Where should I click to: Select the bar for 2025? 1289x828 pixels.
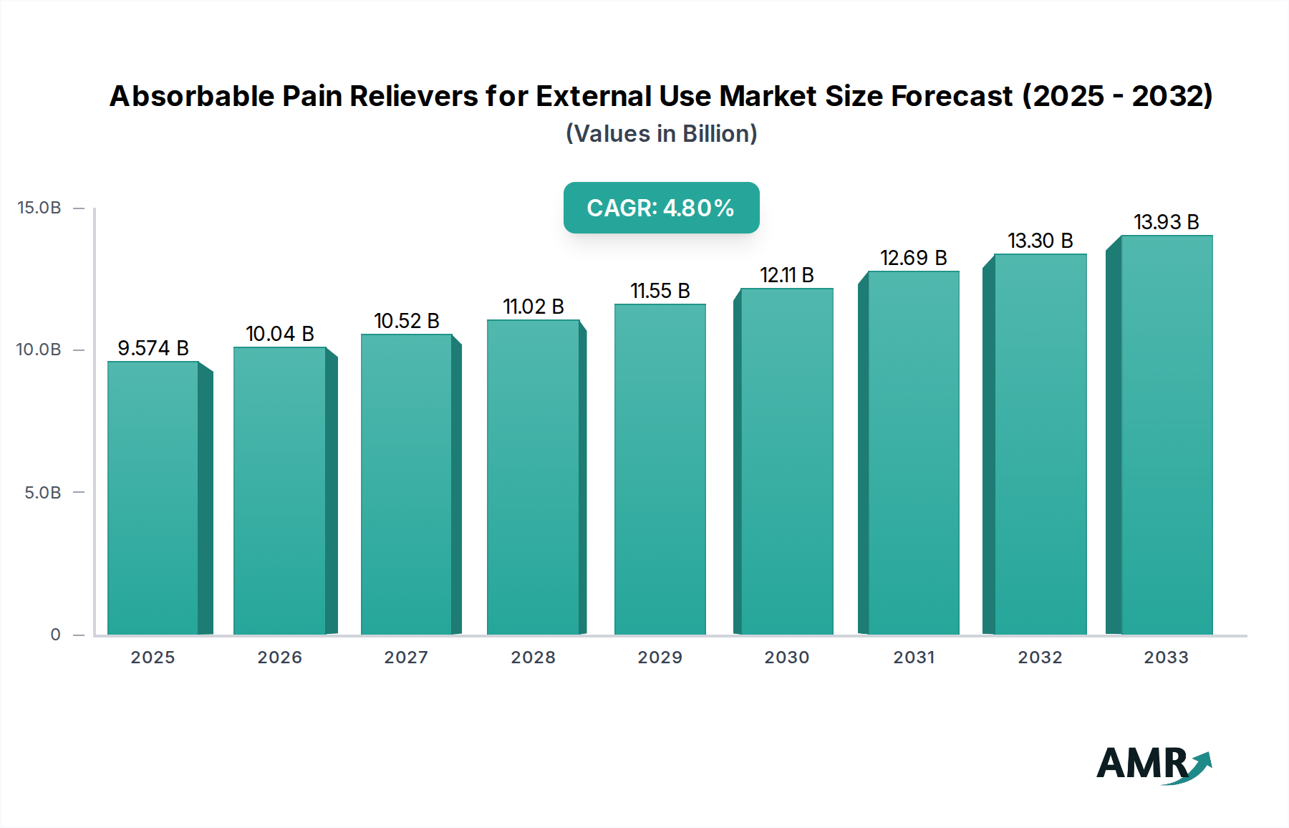point(153,498)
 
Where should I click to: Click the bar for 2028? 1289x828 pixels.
point(533,477)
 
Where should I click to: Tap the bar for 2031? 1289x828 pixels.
point(913,453)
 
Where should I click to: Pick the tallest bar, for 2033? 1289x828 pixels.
point(1167,435)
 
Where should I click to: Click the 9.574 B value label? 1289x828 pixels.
point(153,348)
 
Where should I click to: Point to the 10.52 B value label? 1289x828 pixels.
point(406,321)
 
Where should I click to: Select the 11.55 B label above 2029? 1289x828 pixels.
point(660,291)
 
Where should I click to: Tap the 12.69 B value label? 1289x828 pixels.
point(913,258)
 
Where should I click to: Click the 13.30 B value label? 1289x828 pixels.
point(1040,241)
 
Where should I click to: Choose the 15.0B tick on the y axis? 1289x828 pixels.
point(39,208)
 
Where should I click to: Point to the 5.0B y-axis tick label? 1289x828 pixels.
point(43,493)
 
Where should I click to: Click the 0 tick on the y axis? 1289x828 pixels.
point(56,635)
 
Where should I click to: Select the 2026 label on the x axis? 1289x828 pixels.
point(279,658)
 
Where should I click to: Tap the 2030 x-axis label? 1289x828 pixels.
point(786,658)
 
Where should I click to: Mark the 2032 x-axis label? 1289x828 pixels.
point(1040,658)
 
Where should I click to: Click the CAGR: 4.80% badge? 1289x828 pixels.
point(661,208)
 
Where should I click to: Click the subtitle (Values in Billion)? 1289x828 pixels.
point(661,134)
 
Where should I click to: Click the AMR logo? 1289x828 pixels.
point(1153,764)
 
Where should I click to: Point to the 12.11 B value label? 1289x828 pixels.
point(786,275)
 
